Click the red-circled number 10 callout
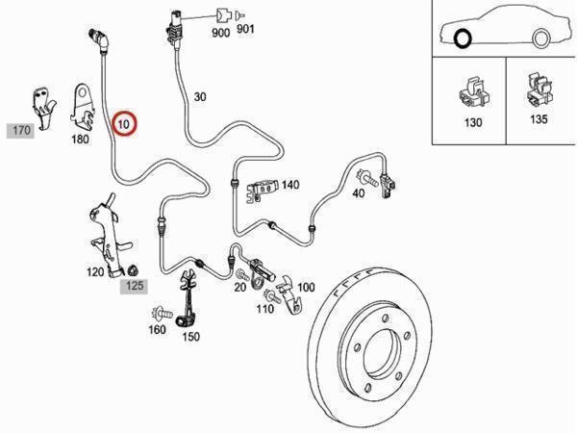click(123, 124)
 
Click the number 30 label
click(200, 96)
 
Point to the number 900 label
click(220, 33)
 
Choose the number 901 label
click(244, 33)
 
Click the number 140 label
click(289, 185)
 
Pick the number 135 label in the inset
click(539, 119)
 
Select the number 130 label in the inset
click(472, 123)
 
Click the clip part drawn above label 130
click(471, 90)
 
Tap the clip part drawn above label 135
click(537, 89)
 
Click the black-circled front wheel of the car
click(464, 39)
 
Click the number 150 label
click(190, 336)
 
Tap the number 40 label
click(358, 192)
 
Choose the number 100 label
click(306, 287)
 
